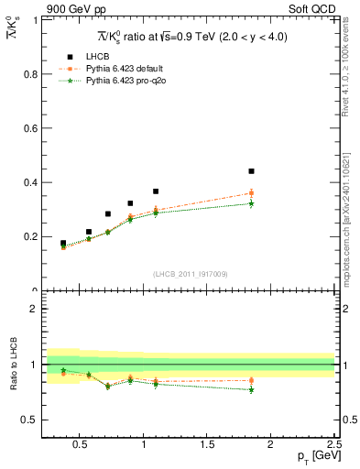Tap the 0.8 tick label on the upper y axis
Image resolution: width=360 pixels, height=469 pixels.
pyautogui.click(x=29, y=74)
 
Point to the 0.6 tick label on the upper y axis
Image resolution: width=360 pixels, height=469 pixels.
pyautogui.click(x=29, y=128)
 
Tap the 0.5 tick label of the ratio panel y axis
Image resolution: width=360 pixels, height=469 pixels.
pyautogui.click(x=29, y=420)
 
